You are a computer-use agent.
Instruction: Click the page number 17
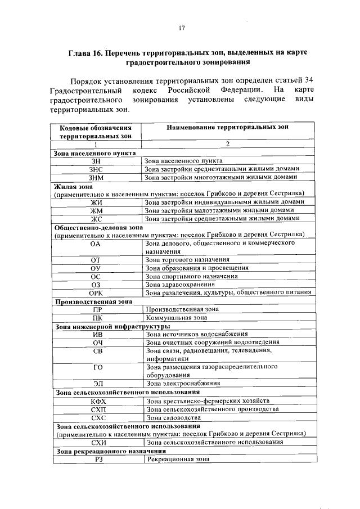pyautogui.click(x=182, y=28)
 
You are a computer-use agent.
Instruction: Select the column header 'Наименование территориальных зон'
pyautogui.click(x=227, y=128)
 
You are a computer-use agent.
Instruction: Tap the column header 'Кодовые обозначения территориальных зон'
pyautogui.click(x=96, y=132)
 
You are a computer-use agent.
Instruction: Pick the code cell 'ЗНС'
pyautogui.click(x=96, y=169)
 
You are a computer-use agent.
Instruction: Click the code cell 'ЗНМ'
pyautogui.click(x=96, y=178)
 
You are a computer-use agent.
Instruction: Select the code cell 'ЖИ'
pyautogui.click(x=96, y=202)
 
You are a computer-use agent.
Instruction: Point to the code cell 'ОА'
pyautogui.click(x=96, y=244)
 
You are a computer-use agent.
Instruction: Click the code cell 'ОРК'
pyautogui.click(x=96, y=292)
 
